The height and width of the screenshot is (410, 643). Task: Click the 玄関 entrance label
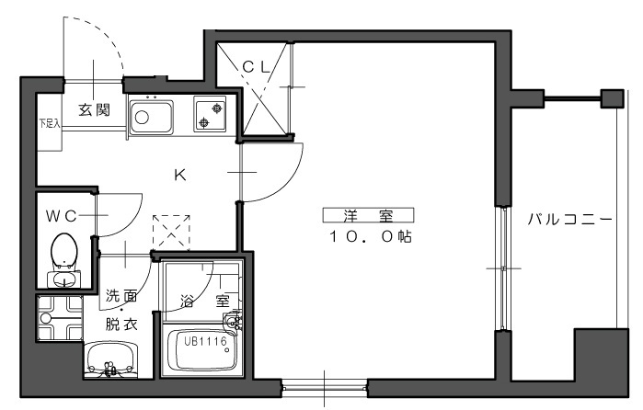95,110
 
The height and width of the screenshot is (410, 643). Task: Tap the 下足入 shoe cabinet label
50,123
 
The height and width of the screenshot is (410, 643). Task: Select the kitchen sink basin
151,118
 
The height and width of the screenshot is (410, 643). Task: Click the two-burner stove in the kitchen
210,114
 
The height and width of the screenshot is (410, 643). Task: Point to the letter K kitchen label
180,175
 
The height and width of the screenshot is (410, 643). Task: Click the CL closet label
256,67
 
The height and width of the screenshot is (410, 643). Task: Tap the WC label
61,216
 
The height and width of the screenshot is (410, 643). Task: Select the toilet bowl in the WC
64,251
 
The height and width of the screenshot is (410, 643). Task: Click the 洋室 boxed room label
368,215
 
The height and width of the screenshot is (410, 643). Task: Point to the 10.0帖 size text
371,236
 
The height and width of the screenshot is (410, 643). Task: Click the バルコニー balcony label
569,220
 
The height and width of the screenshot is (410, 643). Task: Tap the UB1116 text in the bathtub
205,341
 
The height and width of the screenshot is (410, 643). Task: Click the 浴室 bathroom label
205,302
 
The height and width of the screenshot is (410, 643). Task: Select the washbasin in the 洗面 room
111,359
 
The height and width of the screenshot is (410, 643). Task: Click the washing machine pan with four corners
61,318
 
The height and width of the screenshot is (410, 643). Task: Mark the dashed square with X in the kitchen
171,233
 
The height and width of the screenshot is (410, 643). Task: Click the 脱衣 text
121,325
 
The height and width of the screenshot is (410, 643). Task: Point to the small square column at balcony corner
613,98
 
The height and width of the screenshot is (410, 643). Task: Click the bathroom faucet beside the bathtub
234,322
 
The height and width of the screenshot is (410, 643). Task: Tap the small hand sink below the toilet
64,280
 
